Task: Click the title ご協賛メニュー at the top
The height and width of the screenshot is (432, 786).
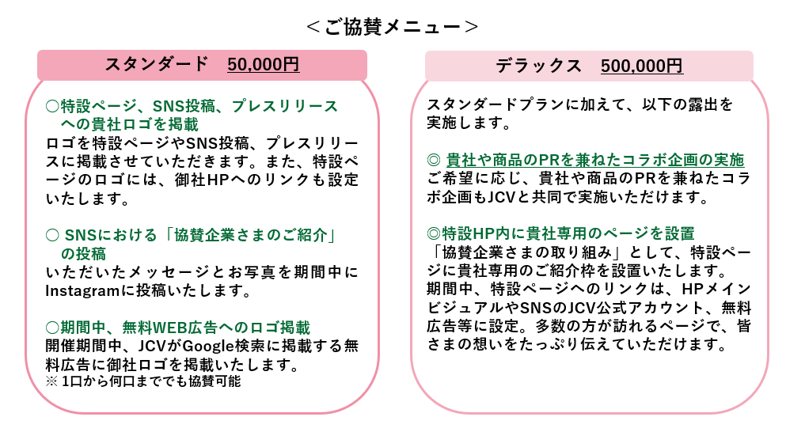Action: [x=393, y=27]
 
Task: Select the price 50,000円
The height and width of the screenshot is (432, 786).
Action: [x=263, y=64]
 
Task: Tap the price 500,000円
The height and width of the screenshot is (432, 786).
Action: [x=642, y=66]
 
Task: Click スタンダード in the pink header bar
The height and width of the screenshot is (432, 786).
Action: [x=156, y=64]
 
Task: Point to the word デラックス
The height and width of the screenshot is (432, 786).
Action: [x=538, y=66]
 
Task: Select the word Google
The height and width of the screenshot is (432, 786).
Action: [x=207, y=347]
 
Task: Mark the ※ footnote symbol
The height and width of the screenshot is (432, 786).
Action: [x=51, y=381]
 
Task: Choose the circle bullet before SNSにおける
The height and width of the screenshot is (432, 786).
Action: [x=52, y=235]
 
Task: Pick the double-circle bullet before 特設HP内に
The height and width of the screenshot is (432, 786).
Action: [x=433, y=233]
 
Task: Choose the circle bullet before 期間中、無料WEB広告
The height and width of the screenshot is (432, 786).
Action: [x=52, y=328]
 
